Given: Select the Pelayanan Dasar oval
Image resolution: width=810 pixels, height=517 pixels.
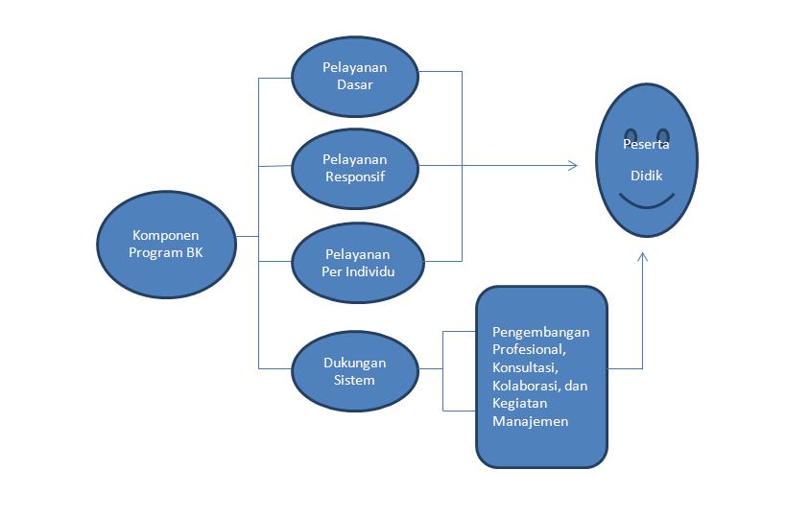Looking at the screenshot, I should tap(354, 77).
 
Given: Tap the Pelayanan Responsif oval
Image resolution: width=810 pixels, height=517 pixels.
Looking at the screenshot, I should tap(354, 168).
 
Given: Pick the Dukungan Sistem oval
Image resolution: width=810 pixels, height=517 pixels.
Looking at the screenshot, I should tap(354, 371).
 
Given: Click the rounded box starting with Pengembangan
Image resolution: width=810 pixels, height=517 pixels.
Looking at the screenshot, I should tap(542, 376).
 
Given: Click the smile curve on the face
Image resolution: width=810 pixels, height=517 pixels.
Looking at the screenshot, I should tap(646, 201).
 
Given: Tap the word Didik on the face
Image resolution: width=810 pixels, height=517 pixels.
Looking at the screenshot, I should tap(646, 176).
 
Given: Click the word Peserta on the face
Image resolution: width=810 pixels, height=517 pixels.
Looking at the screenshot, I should tap(646, 145).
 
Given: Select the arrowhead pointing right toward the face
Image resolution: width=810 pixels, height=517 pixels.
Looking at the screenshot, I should tap(573, 166).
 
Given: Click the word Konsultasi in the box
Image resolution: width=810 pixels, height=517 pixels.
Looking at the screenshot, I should tap(524, 367).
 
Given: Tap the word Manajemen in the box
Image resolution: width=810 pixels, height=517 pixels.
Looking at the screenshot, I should tap(530, 421).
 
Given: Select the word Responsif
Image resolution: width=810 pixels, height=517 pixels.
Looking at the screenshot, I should tap(354, 176).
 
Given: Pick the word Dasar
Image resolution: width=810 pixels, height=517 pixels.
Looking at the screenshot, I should tap(354, 84).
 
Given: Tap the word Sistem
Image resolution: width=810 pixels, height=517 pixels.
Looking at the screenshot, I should tap(354, 380).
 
